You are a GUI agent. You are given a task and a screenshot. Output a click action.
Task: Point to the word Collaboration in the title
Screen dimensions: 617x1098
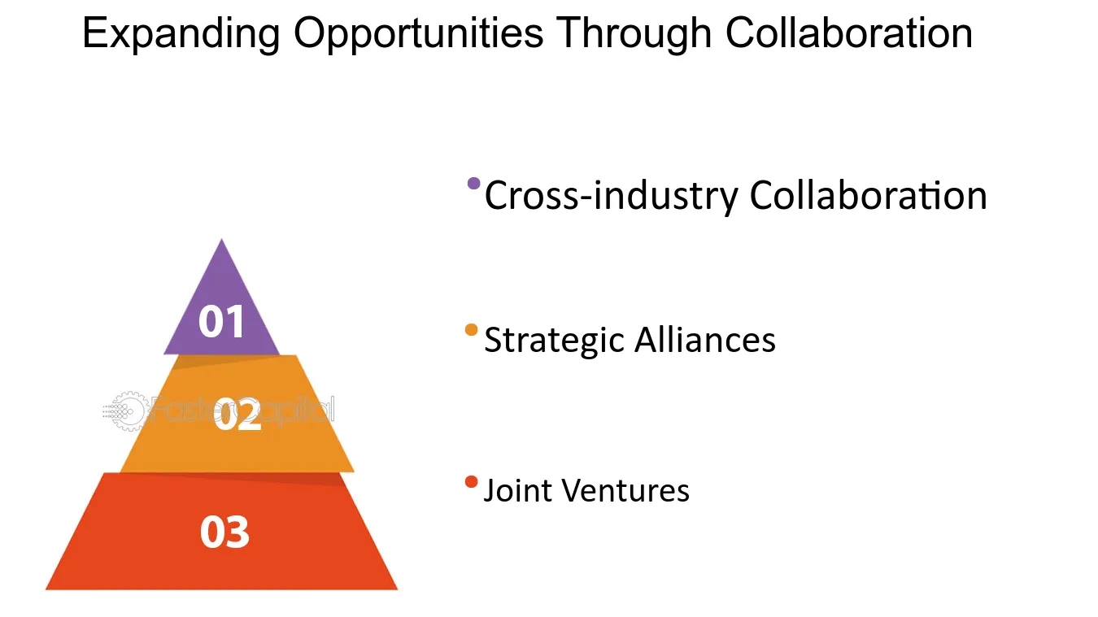849,35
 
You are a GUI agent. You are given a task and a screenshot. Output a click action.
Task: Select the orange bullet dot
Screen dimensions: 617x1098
471,330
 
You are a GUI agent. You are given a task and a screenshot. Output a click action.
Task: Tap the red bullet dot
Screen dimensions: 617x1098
471,482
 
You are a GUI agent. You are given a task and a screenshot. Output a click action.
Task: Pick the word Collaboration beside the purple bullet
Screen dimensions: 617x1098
868,196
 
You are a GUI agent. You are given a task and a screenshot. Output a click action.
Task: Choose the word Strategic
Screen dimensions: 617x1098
554,340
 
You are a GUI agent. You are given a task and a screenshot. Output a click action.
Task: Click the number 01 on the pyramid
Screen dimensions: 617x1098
221,322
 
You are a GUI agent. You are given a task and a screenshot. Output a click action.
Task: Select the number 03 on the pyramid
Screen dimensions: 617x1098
224,532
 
